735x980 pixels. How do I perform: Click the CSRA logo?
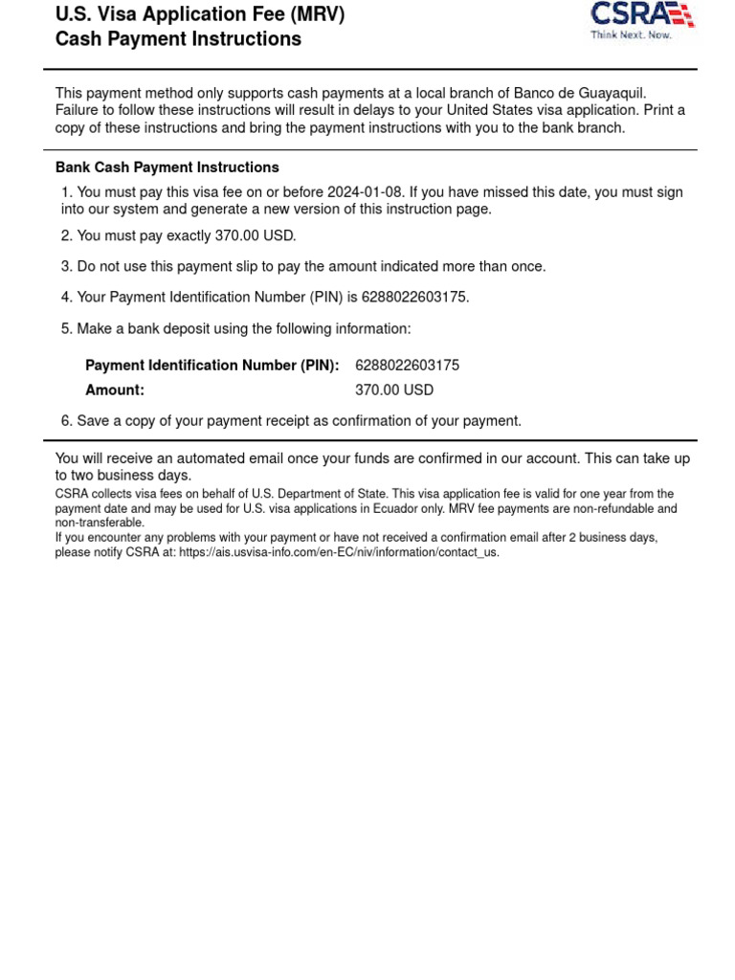click(x=641, y=14)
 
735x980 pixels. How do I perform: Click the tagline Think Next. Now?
click(x=631, y=34)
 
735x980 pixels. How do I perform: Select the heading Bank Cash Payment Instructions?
click(x=167, y=167)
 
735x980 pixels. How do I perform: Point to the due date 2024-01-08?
click(x=365, y=192)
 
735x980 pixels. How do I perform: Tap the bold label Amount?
click(x=115, y=390)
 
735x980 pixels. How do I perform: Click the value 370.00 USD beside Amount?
click(x=394, y=390)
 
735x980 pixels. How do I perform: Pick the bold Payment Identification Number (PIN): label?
click(x=212, y=366)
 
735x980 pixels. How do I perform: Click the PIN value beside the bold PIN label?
click(x=407, y=366)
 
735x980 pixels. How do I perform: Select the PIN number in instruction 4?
click(x=414, y=298)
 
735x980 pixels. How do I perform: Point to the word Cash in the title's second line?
click(x=77, y=39)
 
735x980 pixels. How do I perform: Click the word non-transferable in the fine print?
click(x=100, y=523)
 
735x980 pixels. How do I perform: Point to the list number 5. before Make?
click(x=67, y=329)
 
